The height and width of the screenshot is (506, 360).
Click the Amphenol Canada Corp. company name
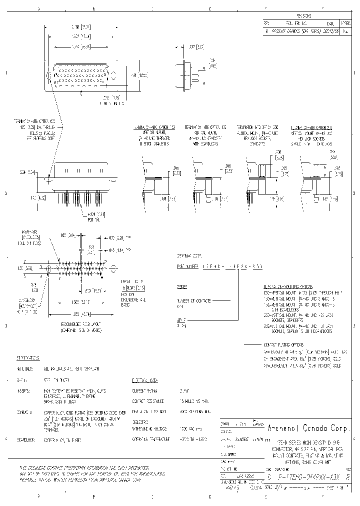point(308,428)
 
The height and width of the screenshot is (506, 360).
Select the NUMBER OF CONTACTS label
point(192,300)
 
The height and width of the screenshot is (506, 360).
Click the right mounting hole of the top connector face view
point(114,76)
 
